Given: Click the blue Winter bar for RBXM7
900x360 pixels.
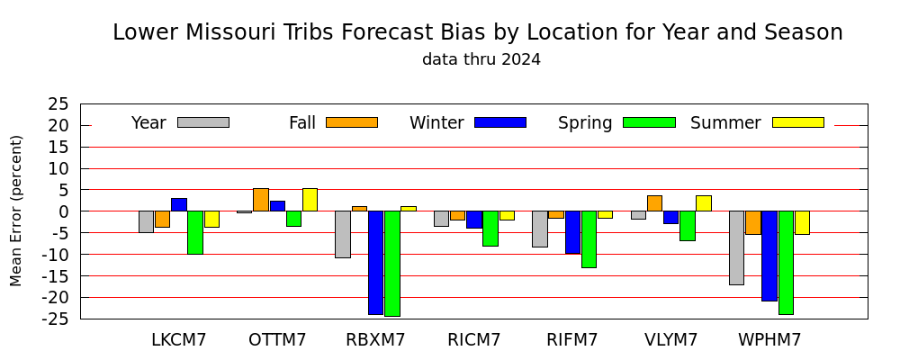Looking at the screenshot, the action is [376, 263].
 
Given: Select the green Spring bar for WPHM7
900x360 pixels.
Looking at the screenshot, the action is [786, 263].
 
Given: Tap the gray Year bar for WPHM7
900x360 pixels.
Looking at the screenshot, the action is [736, 248].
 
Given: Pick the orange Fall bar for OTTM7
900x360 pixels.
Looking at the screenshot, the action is [261, 200].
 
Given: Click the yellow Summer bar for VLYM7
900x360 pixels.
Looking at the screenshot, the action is [704, 203].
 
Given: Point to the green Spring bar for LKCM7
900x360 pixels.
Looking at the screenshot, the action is [195, 232].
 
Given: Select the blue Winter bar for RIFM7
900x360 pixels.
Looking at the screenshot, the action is [572, 232].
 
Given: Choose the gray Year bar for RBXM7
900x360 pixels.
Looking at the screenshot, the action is [343, 234].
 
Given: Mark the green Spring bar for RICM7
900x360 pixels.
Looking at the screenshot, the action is [490, 229].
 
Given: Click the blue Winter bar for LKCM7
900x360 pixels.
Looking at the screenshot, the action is [179, 204].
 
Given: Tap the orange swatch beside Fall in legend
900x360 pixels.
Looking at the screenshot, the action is [352, 122].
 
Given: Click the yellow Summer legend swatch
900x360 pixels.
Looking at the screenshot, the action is [798, 122].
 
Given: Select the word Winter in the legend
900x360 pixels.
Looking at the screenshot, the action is [436, 123].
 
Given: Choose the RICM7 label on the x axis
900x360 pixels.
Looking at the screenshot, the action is [474, 340].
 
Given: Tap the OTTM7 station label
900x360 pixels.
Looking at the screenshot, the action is [277, 340].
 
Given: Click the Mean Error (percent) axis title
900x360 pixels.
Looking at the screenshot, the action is [16, 211].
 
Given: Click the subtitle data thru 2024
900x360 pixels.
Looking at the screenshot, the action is [481, 59].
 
